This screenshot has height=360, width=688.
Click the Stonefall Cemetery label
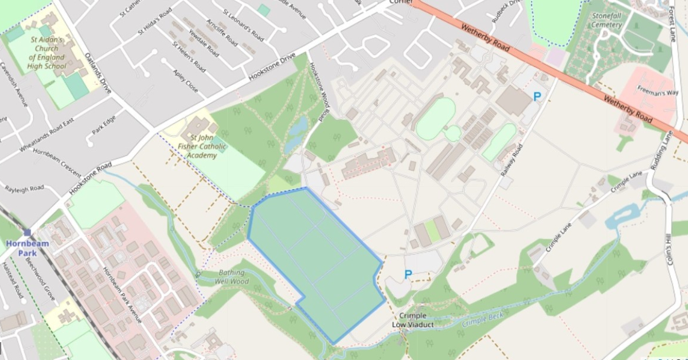[x=608, y=21]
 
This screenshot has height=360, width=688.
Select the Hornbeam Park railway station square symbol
[x=28, y=232]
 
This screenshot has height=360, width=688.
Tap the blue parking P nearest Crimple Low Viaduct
[x=408, y=275]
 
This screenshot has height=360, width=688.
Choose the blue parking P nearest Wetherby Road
[x=537, y=96]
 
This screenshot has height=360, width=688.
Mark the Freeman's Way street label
[x=658, y=92]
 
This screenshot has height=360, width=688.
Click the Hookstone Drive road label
[x=272, y=67]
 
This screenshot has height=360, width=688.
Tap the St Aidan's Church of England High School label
[x=47, y=53]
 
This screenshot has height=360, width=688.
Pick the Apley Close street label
[x=185, y=81]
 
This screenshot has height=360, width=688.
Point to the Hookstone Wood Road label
[x=319, y=92]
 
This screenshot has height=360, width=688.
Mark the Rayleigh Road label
[x=24, y=188]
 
